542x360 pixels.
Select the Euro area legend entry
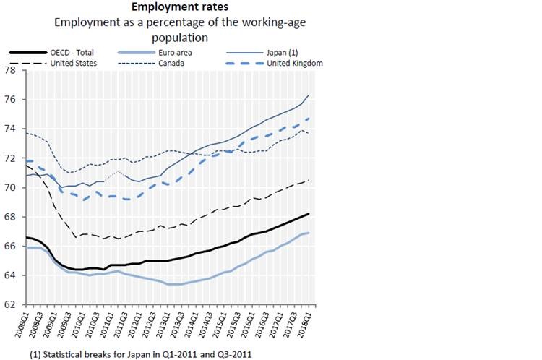click(x=174, y=52)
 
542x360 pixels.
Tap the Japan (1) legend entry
click(x=285, y=52)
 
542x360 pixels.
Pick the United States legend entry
click(x=74, y=63)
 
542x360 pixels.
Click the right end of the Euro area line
click(x=309, y=233)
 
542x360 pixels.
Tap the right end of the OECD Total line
click(x=309, y=214)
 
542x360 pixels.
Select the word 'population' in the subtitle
click(x=180, y=36)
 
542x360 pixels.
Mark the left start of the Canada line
click(x=27, y=133)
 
